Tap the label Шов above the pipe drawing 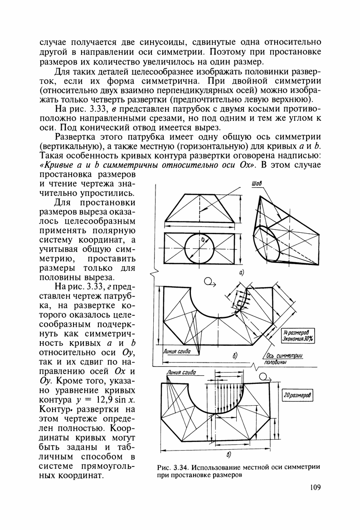coord(257,184)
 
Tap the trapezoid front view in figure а coord(199,209)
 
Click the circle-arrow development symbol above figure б coord(210,282)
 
